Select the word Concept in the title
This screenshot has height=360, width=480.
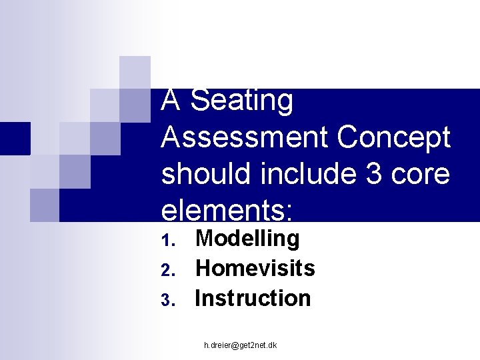pos(395,137)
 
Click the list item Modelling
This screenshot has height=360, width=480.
pos(247,238)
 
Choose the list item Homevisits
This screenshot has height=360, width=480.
pos(255,268)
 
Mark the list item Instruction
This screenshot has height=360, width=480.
pos(253,298)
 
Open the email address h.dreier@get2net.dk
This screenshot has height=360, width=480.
pos(241,345)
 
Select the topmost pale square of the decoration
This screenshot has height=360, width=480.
pos(135,72)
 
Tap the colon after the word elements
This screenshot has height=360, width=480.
pos(288,212)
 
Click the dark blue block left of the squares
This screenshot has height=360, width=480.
pos(15,139)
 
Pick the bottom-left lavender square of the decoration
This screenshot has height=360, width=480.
pos(45,205)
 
